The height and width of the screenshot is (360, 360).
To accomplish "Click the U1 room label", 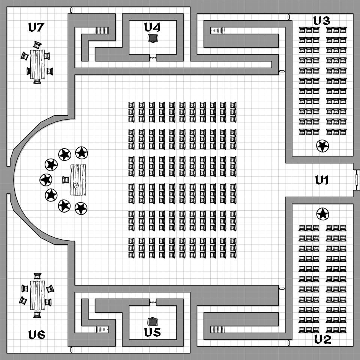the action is [x=322, y=180].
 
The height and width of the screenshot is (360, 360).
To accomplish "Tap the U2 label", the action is [x=323, y=340].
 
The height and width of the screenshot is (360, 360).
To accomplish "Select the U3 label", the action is [x=322, y=21].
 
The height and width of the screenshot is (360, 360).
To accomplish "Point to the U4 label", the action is [x=152, y=27].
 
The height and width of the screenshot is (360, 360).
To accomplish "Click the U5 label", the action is [x=153, y=332].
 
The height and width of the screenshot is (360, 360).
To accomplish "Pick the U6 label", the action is [x=37, y=335].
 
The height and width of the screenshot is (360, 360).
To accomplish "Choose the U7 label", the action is [x=36, y=27].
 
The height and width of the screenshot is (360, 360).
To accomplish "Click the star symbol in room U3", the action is [x=322, y=146].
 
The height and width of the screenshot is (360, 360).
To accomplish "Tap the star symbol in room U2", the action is [x=322, y=214].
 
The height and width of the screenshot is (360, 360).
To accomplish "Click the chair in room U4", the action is [x=153, y=38].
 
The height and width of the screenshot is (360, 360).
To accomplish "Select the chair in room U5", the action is [x=153, y=321].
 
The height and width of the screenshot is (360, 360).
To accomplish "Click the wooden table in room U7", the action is [x=37, y=64].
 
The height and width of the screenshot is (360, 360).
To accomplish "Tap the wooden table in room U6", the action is [x=37, y=295].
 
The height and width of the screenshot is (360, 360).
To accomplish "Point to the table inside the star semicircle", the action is [x=78, y=180].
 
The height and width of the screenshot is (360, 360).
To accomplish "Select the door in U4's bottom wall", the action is [x=153, y=58].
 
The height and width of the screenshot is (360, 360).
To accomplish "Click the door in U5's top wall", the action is [x=153, y=302].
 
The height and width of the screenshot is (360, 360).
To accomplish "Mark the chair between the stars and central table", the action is [x=66, y=180].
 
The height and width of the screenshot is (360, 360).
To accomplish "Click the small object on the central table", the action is [x=76, y=185].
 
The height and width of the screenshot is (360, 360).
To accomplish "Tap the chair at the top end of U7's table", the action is [x=37, y=45].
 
